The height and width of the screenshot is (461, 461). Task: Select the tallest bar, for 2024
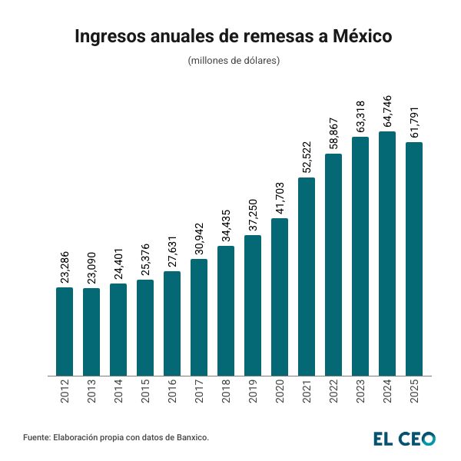[x=387, y=254]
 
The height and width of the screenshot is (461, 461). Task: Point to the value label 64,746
[x=387, y=111]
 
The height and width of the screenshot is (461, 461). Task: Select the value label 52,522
[x=307, y=158]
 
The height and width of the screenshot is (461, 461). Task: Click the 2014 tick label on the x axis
[x=118, y=393]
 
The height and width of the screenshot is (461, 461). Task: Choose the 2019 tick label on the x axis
[x=253, y=393]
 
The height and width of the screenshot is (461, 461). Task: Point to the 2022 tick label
[x=333, y=393]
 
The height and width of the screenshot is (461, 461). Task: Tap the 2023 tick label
[x=360, y=393]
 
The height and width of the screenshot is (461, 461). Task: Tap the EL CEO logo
[x=404, y=439]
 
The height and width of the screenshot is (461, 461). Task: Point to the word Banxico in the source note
[x=190, y=437]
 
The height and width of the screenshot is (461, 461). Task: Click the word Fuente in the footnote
[x=36, y=437]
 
